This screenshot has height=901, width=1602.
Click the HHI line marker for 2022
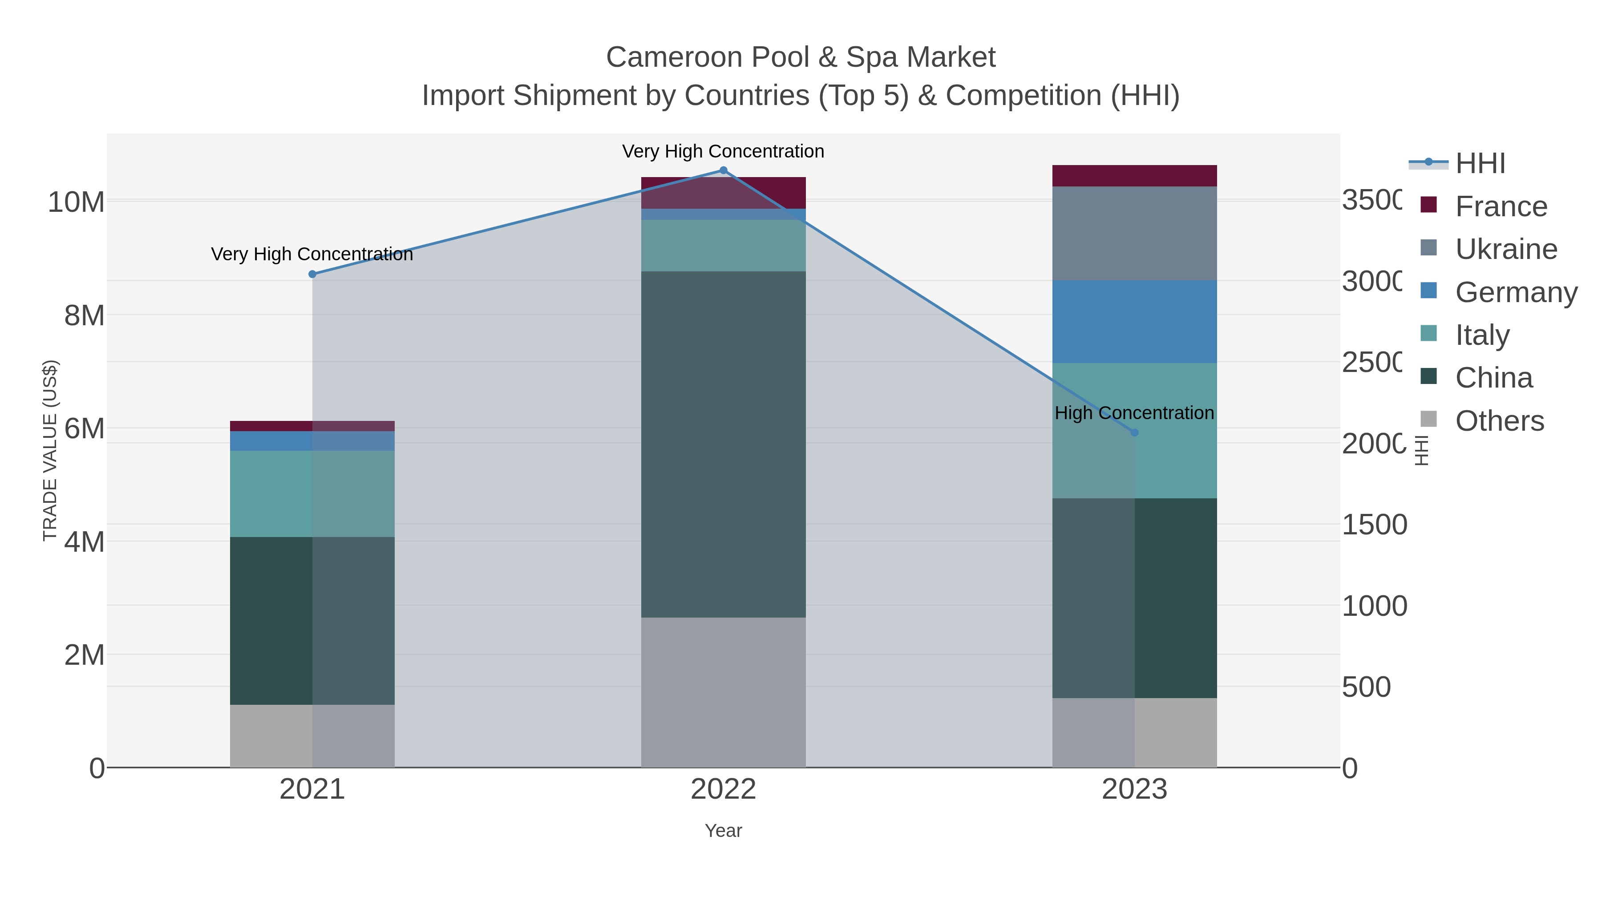tap(723, 170)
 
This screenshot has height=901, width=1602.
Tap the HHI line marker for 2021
tap(312, 274)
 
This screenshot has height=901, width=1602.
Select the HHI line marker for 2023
tap(1134, 432)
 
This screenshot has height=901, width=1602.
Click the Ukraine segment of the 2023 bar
tap(1134, 233)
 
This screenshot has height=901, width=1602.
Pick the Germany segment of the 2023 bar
tap(1134, 322)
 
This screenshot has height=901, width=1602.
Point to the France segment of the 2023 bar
tap(1134, 176)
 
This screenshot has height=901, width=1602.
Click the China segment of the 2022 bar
tap(723, 444)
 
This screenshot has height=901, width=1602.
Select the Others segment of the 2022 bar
tap(723, 692)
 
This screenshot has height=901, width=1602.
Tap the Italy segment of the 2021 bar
tap(312, 494)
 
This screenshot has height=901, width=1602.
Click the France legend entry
tap(1501, 206)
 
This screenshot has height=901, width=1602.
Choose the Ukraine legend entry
tap(1505, 249)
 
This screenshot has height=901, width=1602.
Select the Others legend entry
tap(1499, 421)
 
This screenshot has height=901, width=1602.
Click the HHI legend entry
tap(1480, 164)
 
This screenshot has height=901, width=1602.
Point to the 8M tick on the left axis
tap(85, 315)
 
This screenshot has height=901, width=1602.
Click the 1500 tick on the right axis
tap(1374, 525)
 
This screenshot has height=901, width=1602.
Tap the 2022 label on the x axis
tap(723, 790)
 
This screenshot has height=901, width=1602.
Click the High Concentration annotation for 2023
tap(1134, 413)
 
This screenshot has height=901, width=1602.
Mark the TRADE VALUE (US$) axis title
tap(50, 450)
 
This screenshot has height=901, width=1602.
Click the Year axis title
tap(723, 831)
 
